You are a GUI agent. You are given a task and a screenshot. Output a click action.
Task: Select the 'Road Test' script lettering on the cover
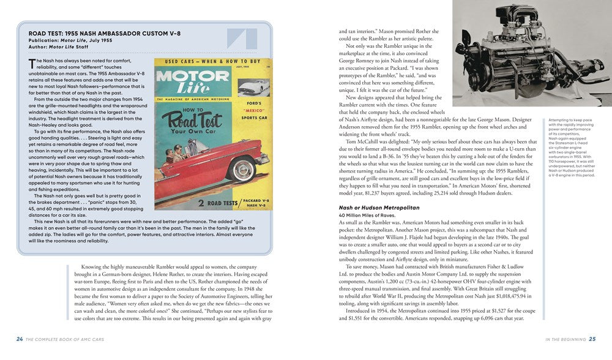coord(195,120)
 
